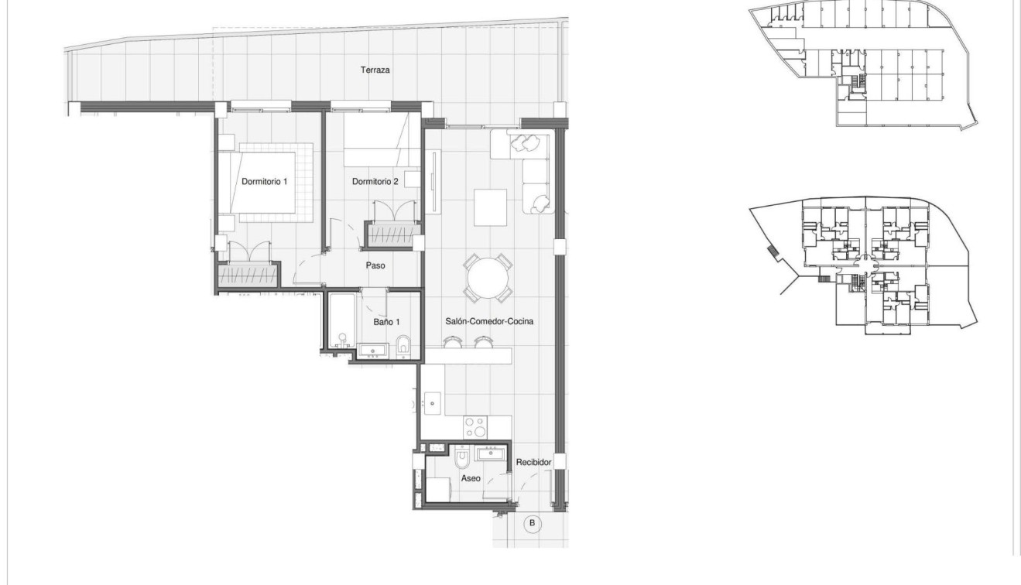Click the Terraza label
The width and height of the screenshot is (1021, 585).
[x=375, y=70]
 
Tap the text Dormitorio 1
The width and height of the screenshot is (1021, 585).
[x=264, y=183]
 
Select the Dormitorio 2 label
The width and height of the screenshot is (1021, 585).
[x=375, y=183]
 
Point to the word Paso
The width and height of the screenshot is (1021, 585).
[x=375, y=265]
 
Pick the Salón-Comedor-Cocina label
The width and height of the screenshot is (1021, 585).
[x=489, y=320]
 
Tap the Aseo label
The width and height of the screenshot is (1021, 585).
[x=471, y=478]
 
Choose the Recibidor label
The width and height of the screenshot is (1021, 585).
[x=533, y=463]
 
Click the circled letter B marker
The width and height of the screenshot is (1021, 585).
[x=532, y=524]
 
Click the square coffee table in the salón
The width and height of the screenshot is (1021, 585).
[x=491, y=207]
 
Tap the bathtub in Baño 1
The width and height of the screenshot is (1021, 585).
[x=341, y=320]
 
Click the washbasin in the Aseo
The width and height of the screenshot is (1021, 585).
[x=491, y=453]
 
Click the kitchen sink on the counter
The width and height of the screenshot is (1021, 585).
[x=432, y=402]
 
